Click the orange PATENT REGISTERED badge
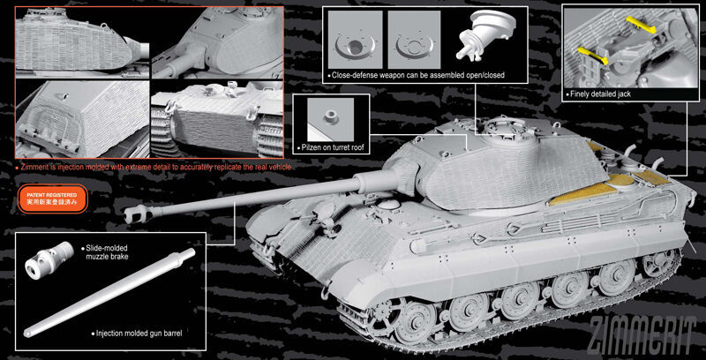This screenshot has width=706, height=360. (52, 199)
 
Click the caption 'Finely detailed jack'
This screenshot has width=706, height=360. (601, 94)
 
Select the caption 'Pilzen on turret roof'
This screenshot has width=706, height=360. (332, 147)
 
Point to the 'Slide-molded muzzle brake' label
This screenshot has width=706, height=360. (106, 252)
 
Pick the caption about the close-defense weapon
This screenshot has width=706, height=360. (417, 75)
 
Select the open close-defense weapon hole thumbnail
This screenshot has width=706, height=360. (355, 40)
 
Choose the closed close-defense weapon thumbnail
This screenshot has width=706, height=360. (414, 40)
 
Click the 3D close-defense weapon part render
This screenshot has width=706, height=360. (484, 35)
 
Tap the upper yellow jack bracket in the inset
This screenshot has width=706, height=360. (638, 26)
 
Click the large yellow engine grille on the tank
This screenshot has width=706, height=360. (582, 194)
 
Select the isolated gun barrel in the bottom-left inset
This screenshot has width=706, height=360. (109, 293)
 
